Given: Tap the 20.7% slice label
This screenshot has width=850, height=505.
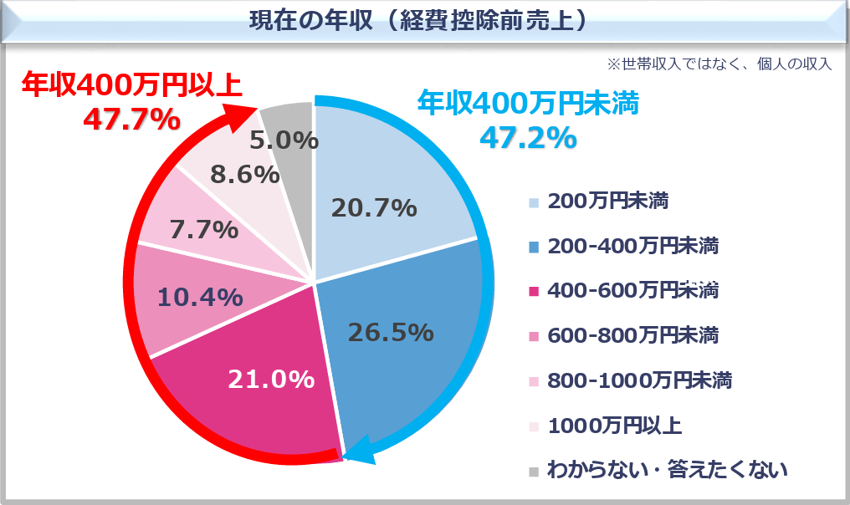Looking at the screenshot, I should (373, 207).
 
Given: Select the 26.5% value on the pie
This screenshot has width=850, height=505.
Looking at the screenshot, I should (391, 332).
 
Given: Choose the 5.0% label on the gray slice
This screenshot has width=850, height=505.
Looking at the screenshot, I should (284, 140).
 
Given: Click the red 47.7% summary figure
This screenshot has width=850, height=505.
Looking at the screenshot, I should (131, 120).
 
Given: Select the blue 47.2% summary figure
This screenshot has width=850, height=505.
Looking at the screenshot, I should (527, 136).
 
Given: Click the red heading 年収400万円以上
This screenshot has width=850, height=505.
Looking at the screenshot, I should (131, 84).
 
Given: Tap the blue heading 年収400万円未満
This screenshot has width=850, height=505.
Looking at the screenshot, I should (528, 103).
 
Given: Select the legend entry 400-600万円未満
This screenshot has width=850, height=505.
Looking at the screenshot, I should (632, 291).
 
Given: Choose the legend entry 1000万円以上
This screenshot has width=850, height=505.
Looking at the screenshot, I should (615, 426).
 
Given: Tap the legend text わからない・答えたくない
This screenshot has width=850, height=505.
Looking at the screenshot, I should (667, 471).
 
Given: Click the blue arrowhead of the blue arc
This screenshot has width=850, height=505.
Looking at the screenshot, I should (356, 451).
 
